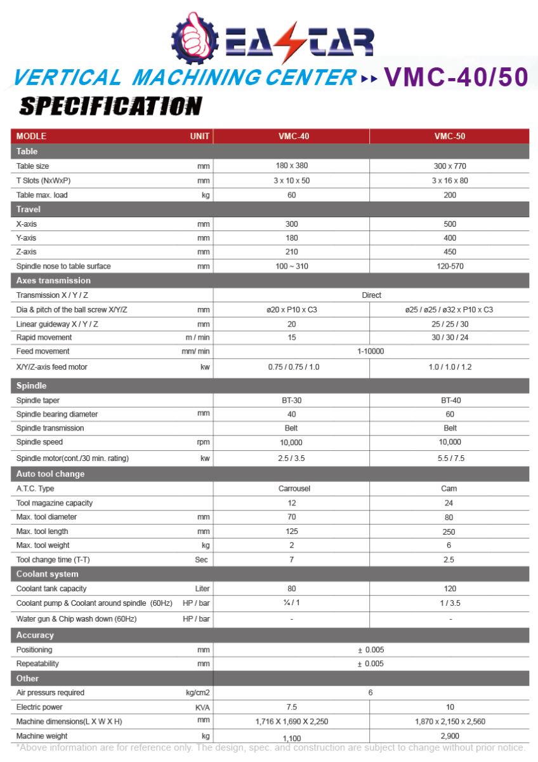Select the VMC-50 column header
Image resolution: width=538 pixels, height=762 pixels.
click(x=450, y=136)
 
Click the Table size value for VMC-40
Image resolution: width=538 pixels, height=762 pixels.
click(x=292, y=166)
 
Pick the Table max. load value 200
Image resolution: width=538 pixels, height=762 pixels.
click(x=450, y=195)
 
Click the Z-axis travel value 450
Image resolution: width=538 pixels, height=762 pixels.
click(x=450, y=252)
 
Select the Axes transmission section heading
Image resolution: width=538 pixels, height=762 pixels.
click(x=53, y=281)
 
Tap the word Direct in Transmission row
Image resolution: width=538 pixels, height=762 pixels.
click(x=371, y=295)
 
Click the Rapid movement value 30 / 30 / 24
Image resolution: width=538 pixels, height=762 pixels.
click(x=450, y=337)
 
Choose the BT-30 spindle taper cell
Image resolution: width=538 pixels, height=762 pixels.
click(x=291, y=401)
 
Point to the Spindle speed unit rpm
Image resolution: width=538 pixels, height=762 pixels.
click(x=203, y=443)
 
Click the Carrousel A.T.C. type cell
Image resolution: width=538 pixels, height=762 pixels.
click(x=292, y=489)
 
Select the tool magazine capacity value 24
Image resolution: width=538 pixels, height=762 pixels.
click(x=450, y=503)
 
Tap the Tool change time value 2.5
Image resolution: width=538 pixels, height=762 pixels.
click(x=450, y=560)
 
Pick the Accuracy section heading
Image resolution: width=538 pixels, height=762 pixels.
click(x=35, y=635)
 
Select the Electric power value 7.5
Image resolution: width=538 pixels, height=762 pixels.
click(x=292, y=707)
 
